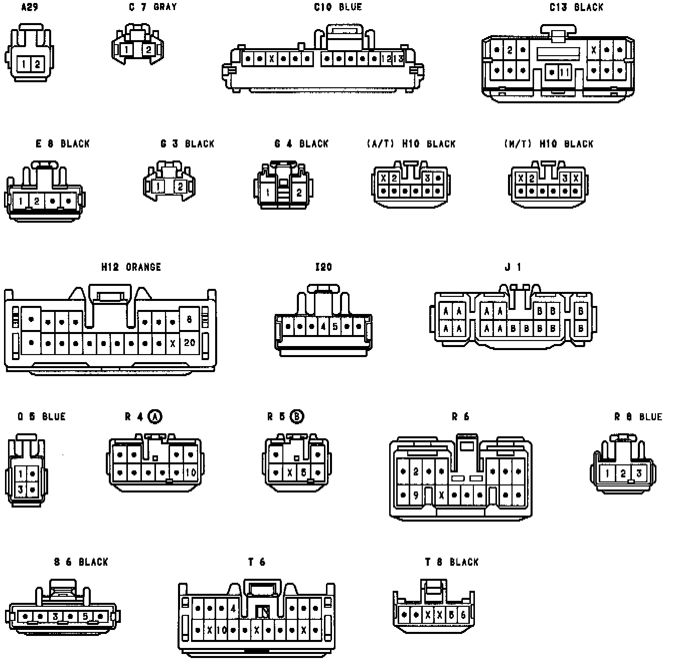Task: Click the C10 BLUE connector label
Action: pos(338,7)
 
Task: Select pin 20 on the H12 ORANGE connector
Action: pos(190,343)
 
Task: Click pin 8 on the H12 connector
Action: pos(189,319)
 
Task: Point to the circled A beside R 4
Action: pos(155,416)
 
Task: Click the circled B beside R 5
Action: pos(297,416)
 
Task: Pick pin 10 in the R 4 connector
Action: pos(191,472)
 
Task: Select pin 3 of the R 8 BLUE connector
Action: pos(639,473)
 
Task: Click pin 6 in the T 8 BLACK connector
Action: pos(463,615)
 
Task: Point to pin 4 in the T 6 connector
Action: pos(233,609)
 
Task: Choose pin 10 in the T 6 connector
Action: pos(222,630)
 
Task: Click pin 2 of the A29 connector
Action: pos(38,64)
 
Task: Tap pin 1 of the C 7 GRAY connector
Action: pos(127,50)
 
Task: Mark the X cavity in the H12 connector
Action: pos(173,344)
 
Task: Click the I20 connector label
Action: pos(323,267)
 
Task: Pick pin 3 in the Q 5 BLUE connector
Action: pos(21,489)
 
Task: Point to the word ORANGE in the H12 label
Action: pos(143,267)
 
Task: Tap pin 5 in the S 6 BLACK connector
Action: pos(85,616)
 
